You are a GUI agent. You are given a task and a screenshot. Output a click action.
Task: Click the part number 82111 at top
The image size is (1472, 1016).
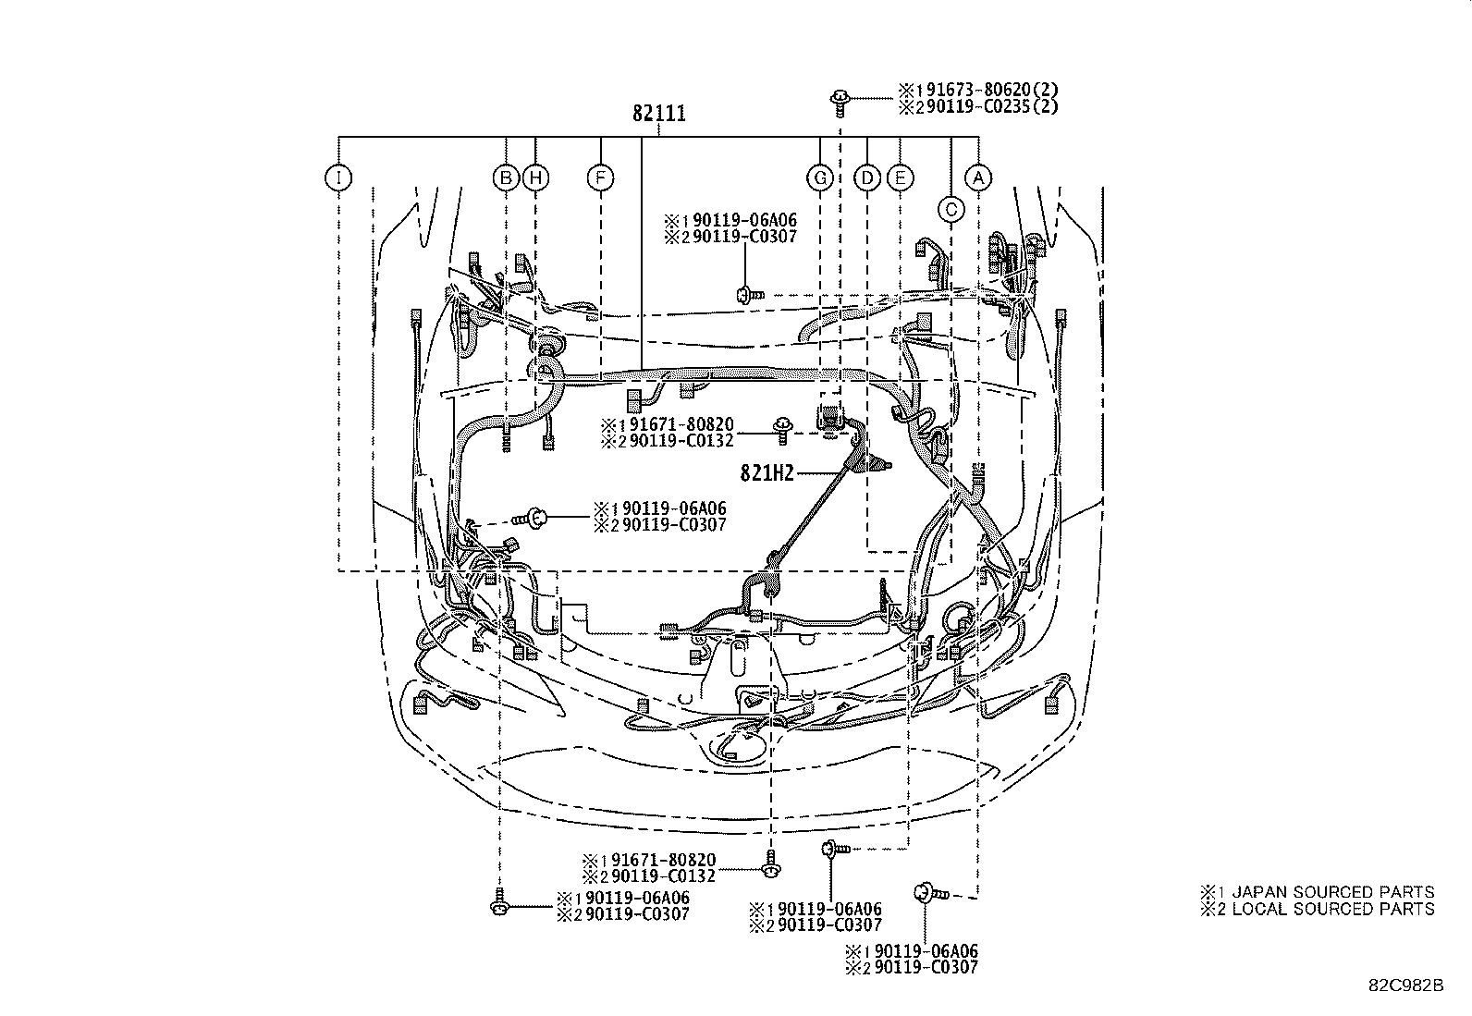click(x=659, y=114)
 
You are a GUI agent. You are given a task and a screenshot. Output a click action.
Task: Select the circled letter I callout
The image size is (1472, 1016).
click(x=339, y=177)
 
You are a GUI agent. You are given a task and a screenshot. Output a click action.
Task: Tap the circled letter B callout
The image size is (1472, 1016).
click(x=505, y=177)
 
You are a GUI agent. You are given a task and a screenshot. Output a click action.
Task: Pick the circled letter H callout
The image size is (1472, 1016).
click(x=535, y=177)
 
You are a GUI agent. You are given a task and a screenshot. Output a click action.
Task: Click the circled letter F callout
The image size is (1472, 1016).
click(x=601, y=177)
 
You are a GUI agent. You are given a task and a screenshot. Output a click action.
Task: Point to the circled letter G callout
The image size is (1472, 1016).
click(x=820, y=177)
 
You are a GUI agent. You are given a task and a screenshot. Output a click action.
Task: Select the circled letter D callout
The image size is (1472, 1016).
click(x=867, y=177)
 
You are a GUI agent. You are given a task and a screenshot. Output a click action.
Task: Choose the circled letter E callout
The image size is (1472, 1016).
click(x=900, y=177)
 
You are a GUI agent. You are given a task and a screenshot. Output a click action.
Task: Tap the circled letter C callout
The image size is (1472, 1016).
click(x=951, y=210)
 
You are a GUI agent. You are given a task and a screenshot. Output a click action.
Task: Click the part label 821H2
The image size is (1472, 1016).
click(x=767, y=473)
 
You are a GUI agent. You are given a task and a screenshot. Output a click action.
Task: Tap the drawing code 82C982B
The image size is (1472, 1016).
click(x=1406, y=985)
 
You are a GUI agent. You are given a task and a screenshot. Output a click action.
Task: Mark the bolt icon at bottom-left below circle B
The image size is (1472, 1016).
click(x=499, y=903)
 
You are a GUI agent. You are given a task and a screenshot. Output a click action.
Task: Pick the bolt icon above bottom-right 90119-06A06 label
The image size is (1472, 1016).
click(x=926, y=893)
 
